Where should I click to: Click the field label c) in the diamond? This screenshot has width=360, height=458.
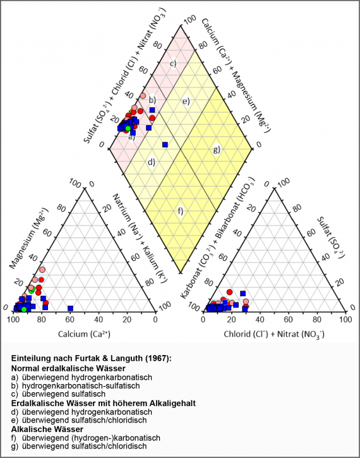coord(172,63)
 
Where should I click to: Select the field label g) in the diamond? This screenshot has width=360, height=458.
coord(217,150)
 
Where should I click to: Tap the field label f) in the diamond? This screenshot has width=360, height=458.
coord(180,210)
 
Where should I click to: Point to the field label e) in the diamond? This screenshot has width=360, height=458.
coord(186,101)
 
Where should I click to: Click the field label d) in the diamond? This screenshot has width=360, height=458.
coord(152,162)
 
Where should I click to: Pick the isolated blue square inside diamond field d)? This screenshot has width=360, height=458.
coord(165,145)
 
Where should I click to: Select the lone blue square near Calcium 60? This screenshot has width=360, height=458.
coord(71,308)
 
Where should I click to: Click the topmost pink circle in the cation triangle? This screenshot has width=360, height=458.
coord(42,270)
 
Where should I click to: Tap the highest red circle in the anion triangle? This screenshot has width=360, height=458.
coord(230,292)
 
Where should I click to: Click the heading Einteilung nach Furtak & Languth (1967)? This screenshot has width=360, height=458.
coord(92,358)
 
